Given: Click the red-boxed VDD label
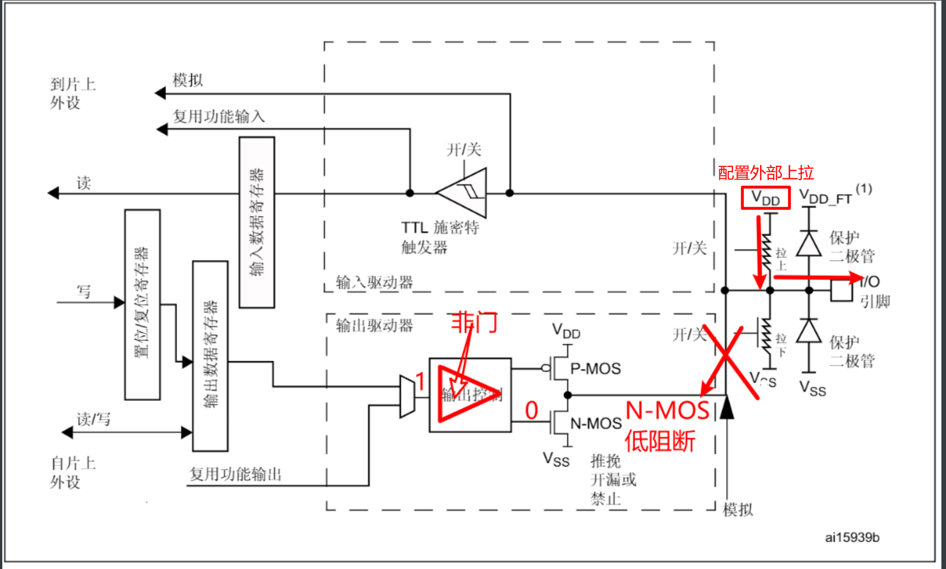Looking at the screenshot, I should point(765,198).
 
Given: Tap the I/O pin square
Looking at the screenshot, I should point(842,290).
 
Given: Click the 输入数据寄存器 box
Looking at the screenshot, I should point(257,222).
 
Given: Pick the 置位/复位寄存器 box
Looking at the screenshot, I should point(142,304).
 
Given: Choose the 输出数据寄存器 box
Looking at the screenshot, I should point(210,356).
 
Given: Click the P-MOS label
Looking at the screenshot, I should point(595,369).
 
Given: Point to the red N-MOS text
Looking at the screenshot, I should point(667,411).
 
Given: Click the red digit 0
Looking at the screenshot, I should point(532,411).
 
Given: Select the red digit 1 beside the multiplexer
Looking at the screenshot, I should point(420,381).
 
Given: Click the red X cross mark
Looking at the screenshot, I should point(728,358).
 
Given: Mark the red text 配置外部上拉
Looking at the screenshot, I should point(766,173).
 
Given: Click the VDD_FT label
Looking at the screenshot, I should point(825,198).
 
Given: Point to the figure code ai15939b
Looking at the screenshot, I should point(852,537).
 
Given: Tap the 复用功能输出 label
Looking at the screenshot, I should point(235,474).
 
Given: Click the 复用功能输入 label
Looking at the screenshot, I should point(219,116).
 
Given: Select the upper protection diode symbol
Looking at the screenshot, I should point(809,244).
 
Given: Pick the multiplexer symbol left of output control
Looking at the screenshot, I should point(407,395).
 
